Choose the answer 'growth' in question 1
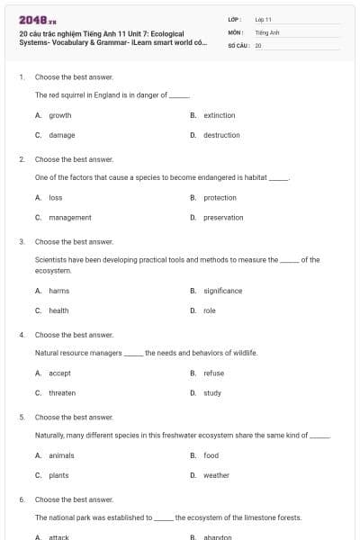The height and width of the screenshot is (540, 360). (59, 115)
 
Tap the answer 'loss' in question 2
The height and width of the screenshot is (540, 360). (55, 198)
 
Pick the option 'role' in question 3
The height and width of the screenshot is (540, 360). (210, 310)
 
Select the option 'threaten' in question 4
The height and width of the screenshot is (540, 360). (62, 392)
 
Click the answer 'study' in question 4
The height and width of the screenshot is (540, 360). (212, 392)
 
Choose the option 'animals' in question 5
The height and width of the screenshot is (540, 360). (61, 455)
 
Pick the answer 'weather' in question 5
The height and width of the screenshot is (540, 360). (216, 475)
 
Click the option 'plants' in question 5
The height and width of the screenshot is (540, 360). (58, 475)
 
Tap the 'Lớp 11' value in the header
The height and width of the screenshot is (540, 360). (263, 19)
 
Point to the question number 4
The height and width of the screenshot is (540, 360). (22, 335)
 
